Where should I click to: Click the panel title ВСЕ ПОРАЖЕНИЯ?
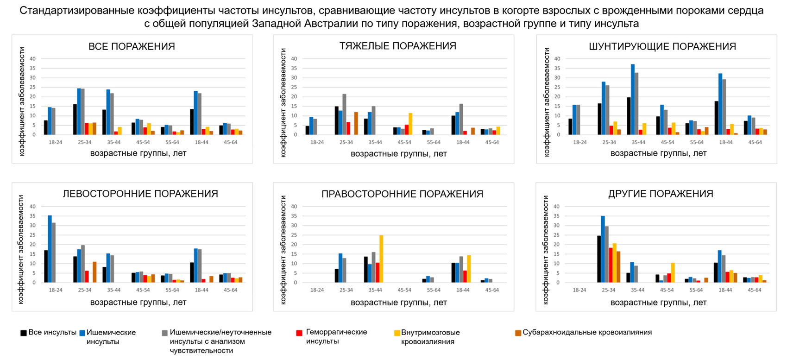pos(132,46)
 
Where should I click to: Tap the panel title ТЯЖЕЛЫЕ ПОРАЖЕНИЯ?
pos(398,46)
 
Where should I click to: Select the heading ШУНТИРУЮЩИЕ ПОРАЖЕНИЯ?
pos(662,46)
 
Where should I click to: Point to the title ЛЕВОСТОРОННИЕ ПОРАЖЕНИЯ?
pos(140,194)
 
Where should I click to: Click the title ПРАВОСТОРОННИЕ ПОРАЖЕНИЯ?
pos(402,194)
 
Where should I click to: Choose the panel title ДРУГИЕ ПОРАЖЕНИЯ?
pos(661,194)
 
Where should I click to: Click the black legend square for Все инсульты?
pos(24,333)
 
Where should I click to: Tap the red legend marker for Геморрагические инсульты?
pos(299,333)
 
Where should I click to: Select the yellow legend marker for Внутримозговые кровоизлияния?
pos(397,333)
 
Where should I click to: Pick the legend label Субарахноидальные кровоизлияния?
pos(587,332)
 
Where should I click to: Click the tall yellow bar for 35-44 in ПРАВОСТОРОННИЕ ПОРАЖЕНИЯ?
pos(381,259)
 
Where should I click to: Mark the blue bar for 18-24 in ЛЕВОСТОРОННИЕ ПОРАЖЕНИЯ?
pos(50,249)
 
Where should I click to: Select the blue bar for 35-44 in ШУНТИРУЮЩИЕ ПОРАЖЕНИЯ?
pos(633,100)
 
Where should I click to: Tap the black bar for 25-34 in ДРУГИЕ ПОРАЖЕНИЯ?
pos(599,259)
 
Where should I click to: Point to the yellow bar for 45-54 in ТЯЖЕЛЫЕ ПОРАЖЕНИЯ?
pos(410,124)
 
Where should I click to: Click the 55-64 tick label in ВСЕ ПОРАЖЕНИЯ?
pos(172,142)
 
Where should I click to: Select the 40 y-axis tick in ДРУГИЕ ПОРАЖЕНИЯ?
pos(557,207)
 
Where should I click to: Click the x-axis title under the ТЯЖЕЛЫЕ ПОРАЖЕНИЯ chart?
pos(399,154)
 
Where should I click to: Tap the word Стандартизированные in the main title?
pos(77,11)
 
